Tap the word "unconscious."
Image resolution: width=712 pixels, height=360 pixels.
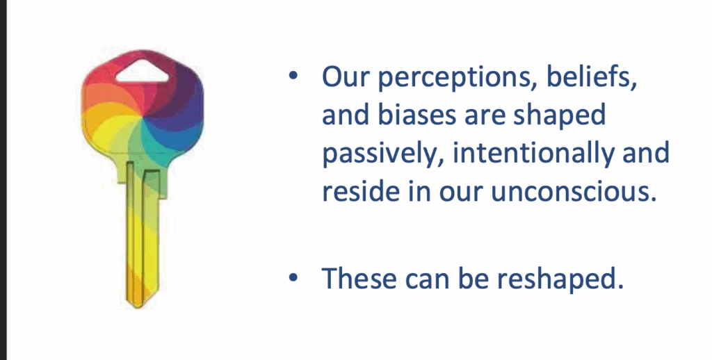click(x=574, y=192)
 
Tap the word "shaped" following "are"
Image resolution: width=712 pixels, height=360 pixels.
click(x=560, y=116)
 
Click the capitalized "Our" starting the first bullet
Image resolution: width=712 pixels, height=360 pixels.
click(x=345, y=77)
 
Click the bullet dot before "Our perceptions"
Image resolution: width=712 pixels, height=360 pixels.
click(x=293, y=75)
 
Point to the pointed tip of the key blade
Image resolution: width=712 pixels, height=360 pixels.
click(x=138, y=307)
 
